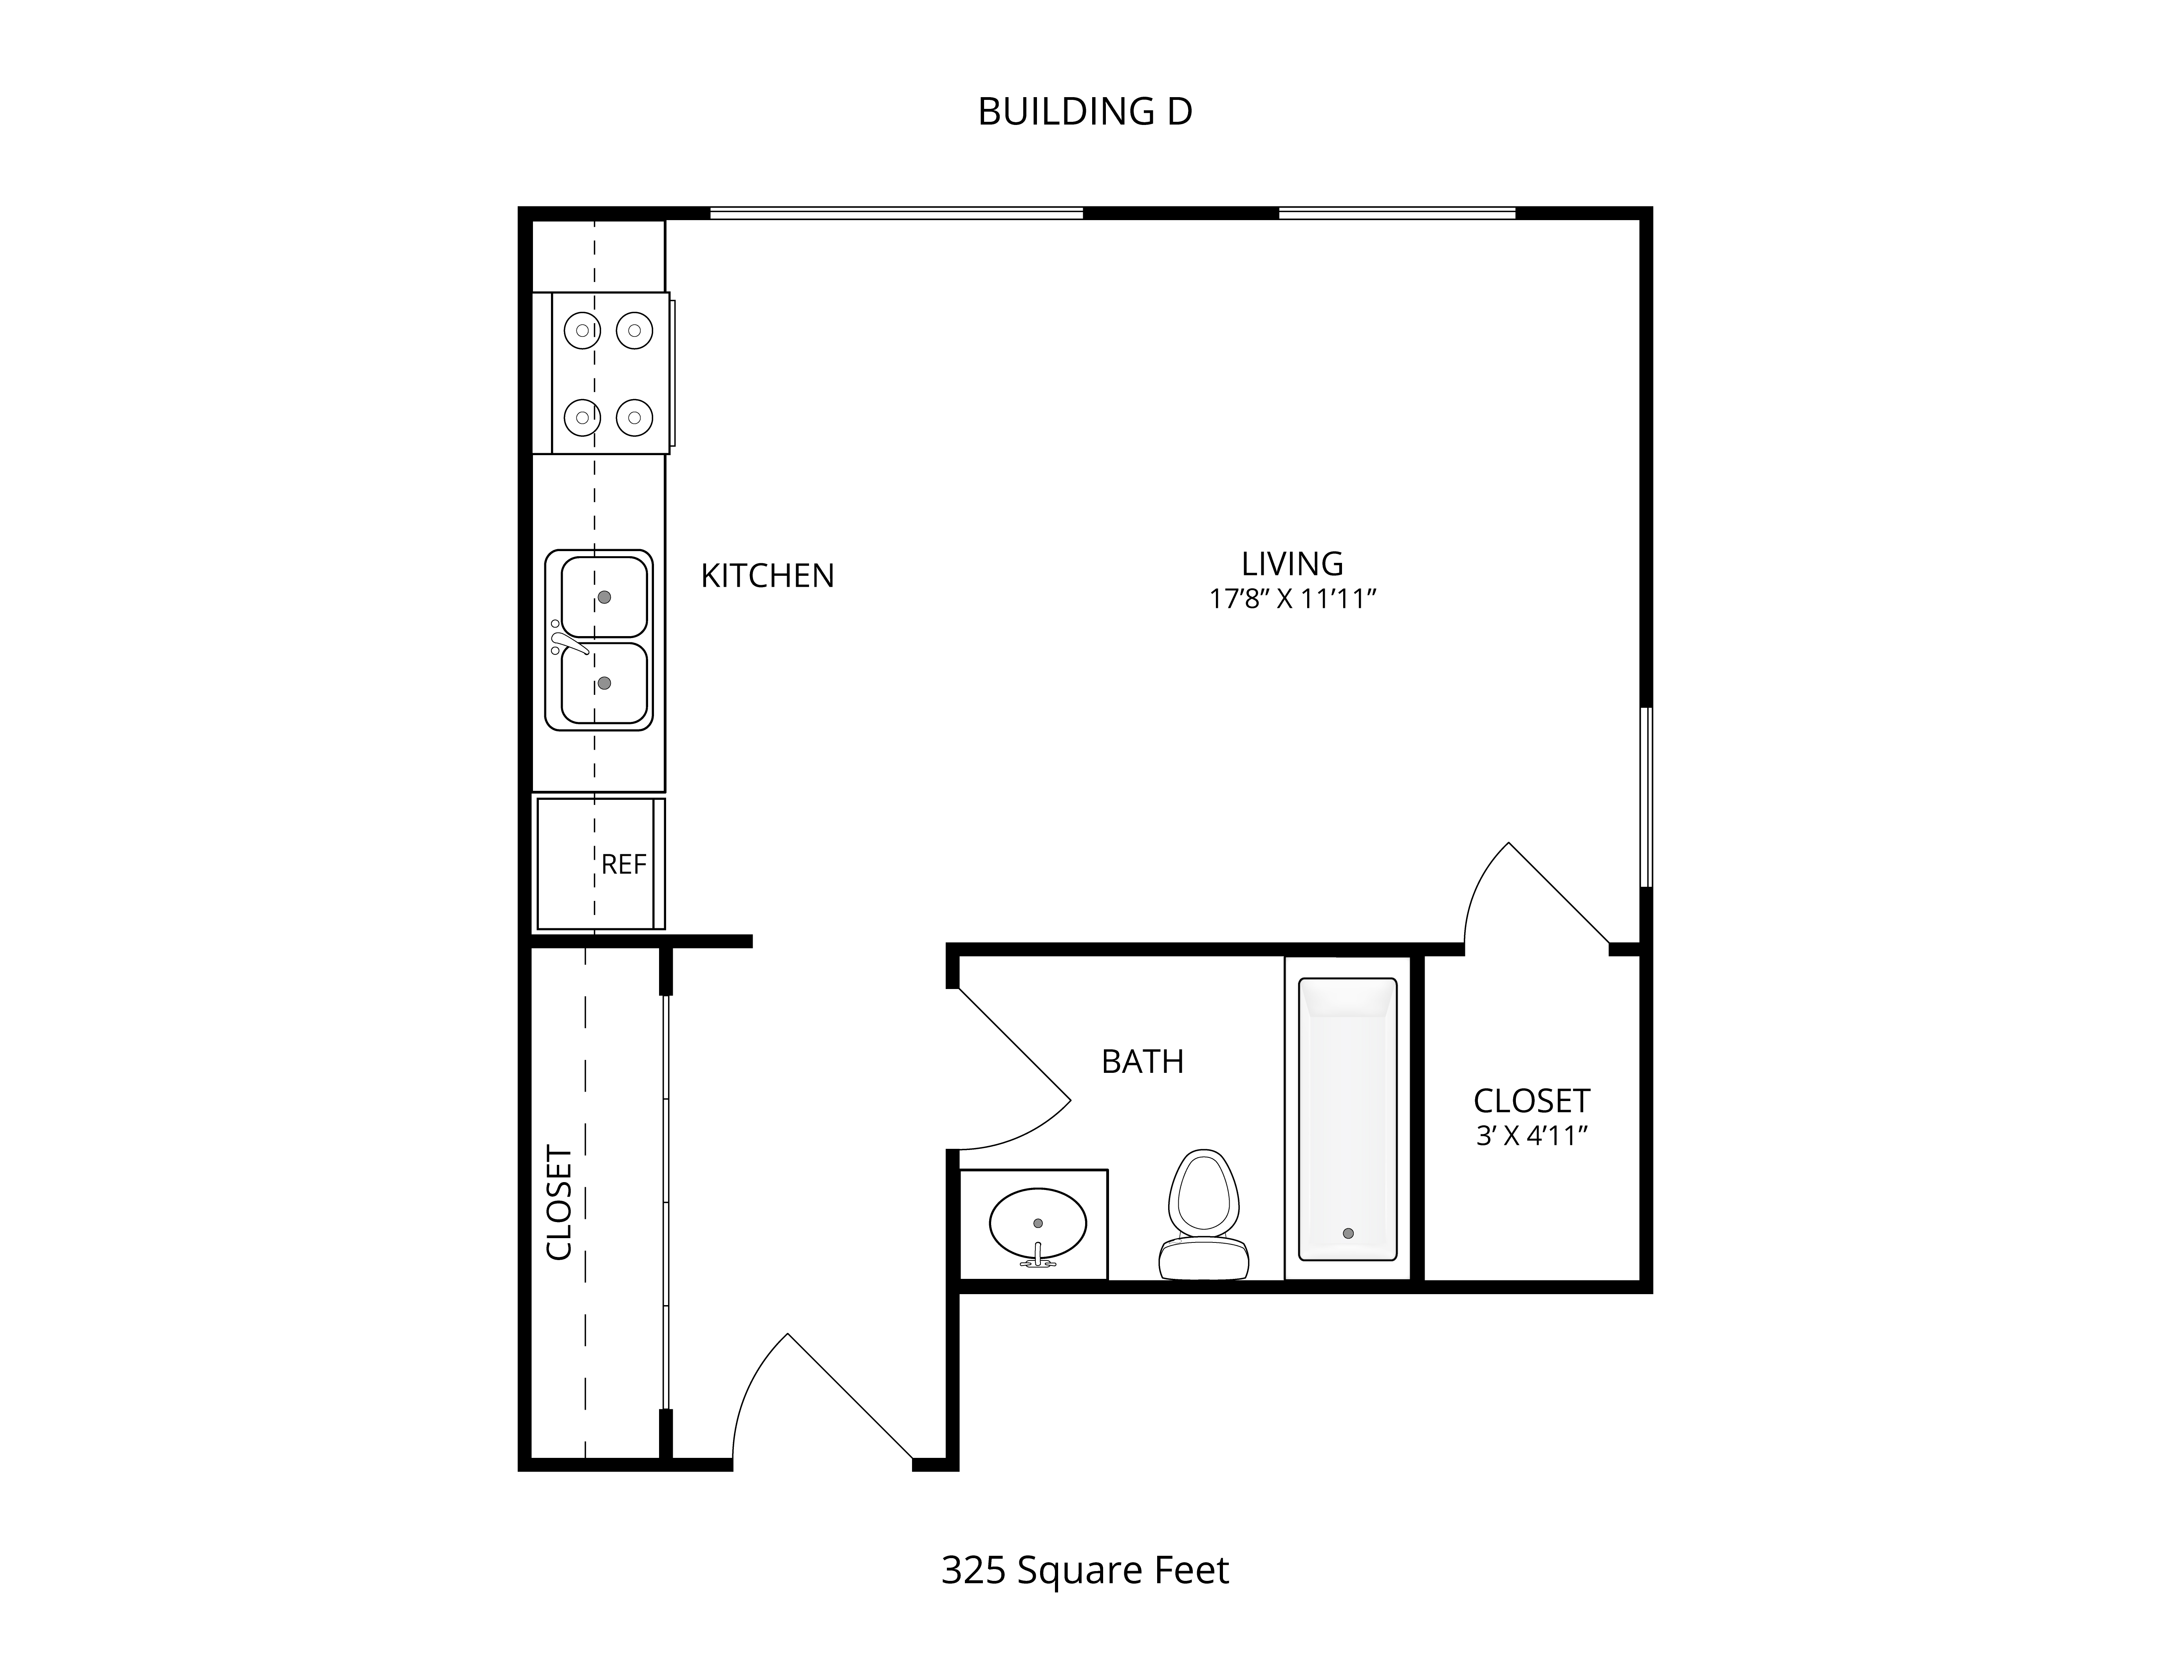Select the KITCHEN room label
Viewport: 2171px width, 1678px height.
(768, 575)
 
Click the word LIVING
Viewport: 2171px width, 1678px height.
(1292, 564)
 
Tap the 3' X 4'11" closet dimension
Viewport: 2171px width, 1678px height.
(1531, 1135)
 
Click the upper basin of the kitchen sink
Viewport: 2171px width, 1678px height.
(604, 597)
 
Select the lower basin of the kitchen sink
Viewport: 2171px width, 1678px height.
(604, 683)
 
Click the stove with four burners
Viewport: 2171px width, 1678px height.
(610, 374)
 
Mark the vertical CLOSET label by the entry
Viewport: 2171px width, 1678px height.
(560, 1203)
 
